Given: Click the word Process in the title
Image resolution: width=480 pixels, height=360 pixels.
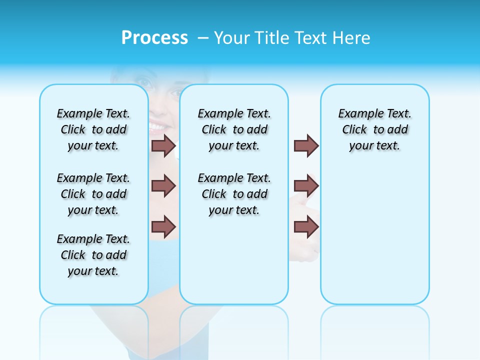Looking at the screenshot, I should click(154, 37).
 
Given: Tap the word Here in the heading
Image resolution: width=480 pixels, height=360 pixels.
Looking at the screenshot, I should click(351, 38).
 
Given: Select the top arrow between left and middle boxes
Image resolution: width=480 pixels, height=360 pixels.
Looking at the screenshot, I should click(163, 146).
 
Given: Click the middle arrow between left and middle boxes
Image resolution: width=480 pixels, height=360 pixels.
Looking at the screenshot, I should click(163, 186).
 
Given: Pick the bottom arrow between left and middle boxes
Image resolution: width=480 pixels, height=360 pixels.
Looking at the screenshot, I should click(163, 226).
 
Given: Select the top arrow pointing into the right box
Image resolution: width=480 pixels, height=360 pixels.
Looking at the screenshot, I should click(306, 146).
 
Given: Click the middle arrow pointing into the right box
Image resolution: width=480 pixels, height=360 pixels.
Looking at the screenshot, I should click(306, 186).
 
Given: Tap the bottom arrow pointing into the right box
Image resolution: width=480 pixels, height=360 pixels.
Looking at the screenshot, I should click(306, 226).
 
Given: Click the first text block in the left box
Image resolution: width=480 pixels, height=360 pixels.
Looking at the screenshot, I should click(93, 129).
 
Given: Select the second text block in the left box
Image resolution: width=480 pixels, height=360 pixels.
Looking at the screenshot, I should click(93, 194).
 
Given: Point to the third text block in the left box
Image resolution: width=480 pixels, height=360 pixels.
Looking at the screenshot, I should click(93, 255).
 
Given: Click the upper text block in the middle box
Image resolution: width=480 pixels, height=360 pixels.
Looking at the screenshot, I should click(234, 129).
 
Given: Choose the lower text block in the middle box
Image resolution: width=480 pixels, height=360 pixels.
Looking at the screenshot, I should click(234, 194).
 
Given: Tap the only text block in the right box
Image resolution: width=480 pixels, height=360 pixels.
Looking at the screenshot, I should click(375, 129).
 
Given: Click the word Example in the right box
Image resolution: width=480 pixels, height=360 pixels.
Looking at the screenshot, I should click(357, 114).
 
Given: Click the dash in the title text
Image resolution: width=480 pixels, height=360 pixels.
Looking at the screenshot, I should click(203, 38).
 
